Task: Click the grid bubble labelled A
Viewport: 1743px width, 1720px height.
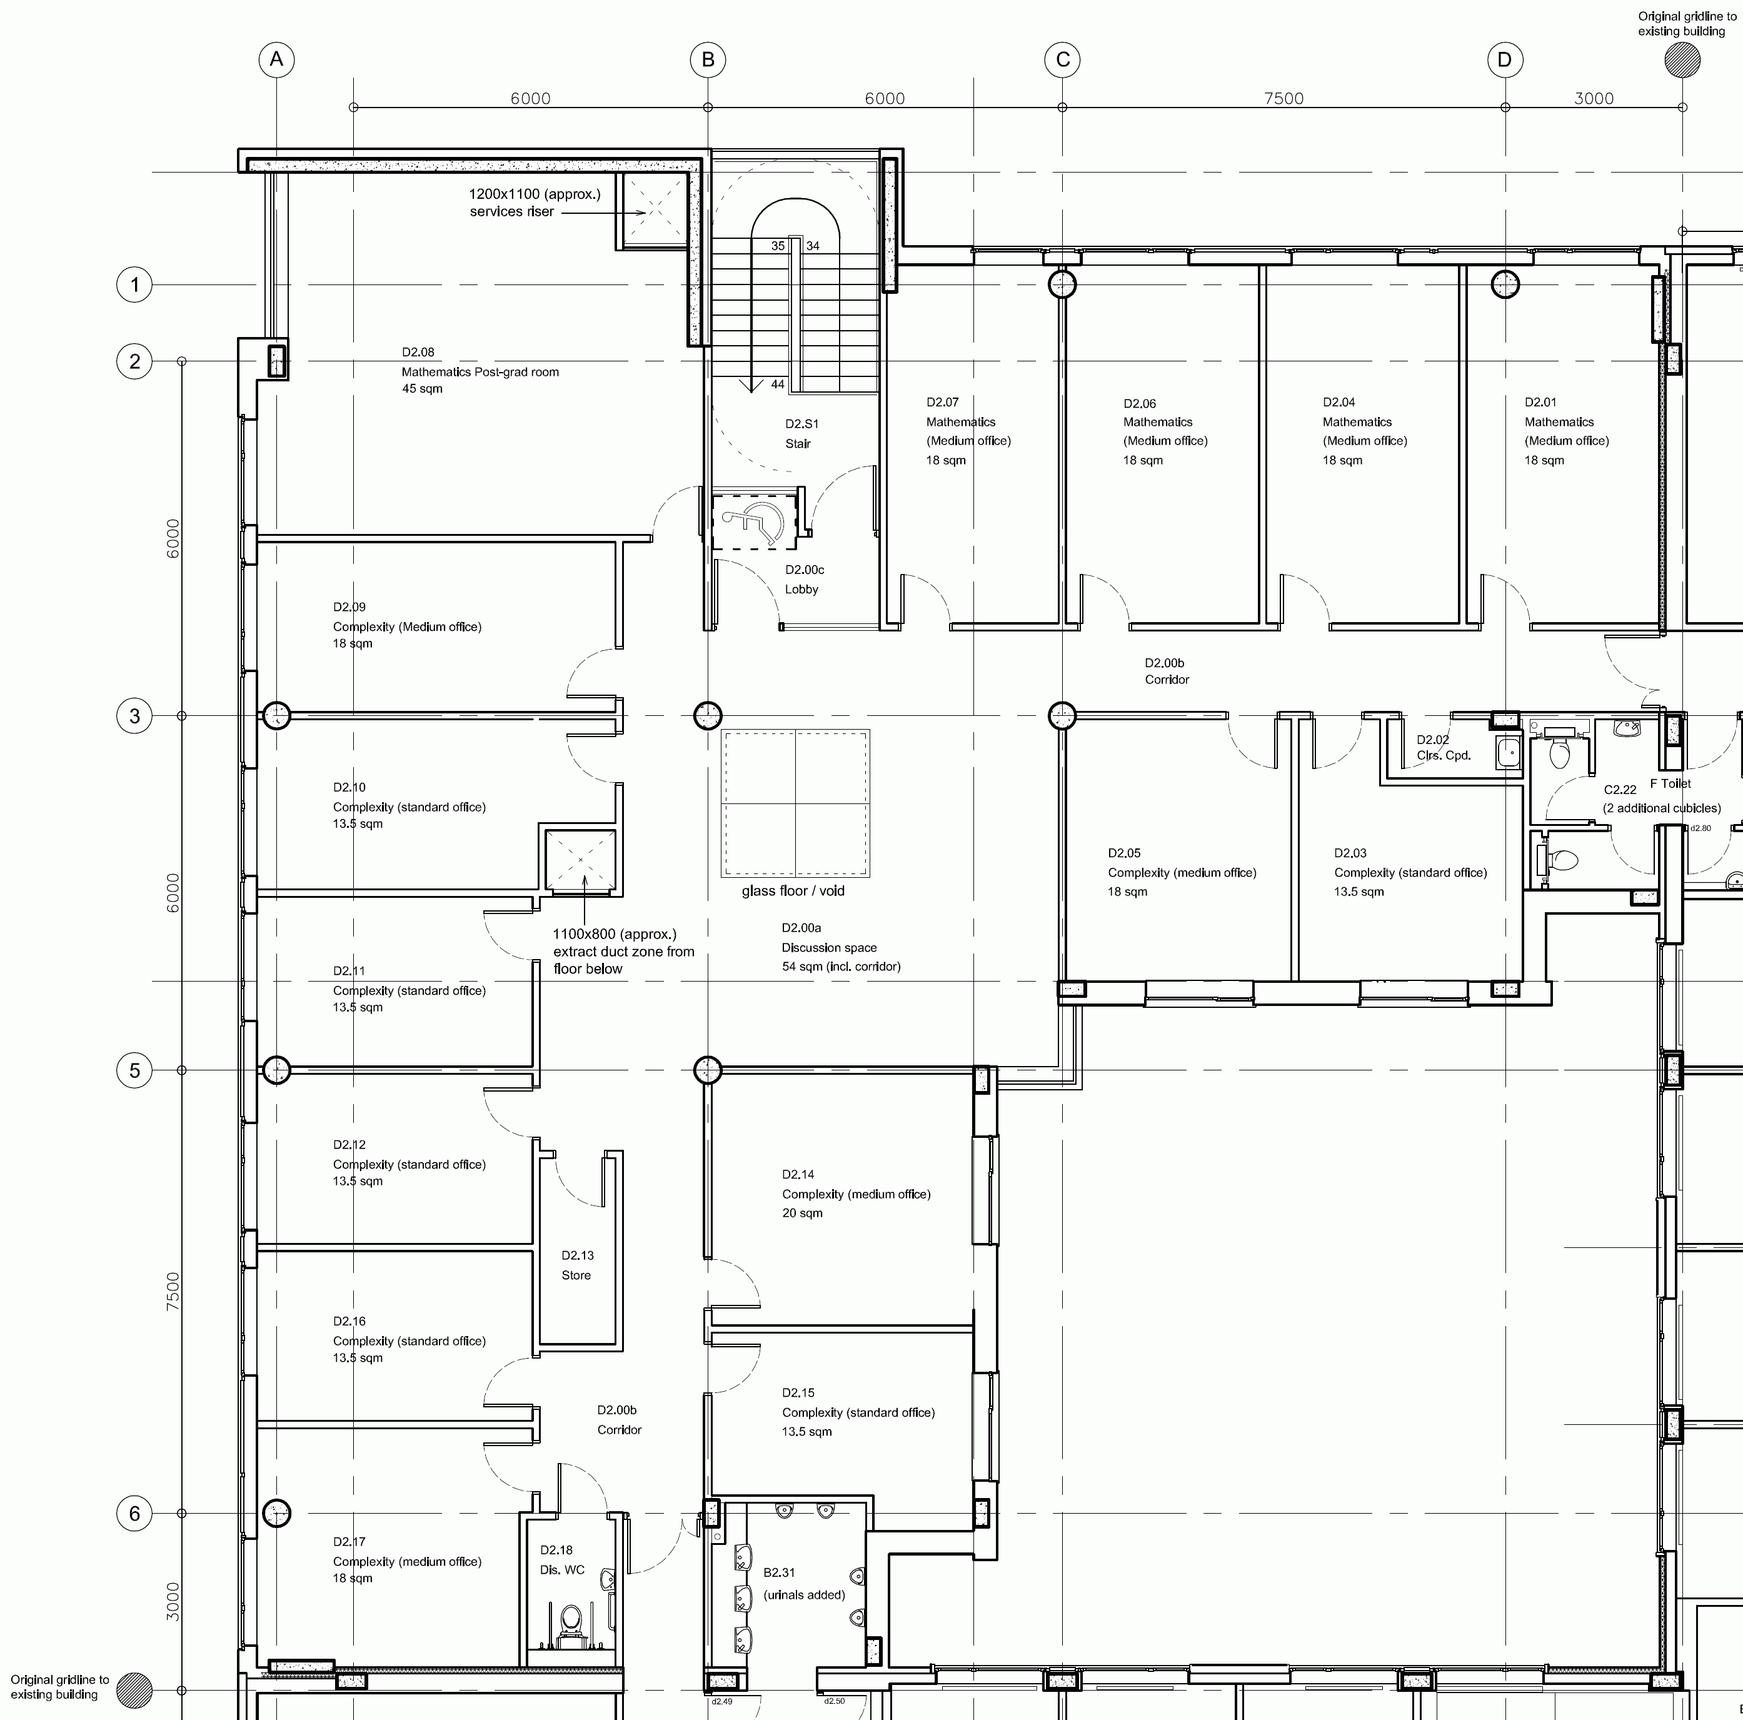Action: coord(277,59)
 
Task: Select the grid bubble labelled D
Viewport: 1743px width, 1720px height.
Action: coord(1505,59)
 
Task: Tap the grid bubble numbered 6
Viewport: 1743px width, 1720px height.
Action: coord(134,1513)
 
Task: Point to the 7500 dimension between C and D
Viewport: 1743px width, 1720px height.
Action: coord(1283,98)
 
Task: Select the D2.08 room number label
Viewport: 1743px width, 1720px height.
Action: coord(418,352)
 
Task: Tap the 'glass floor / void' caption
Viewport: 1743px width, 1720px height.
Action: coord(793,891)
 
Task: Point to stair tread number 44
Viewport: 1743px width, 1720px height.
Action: coord(778,385)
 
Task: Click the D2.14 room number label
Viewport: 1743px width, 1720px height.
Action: coord(798,1174)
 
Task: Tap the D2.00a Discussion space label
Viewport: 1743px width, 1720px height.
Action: coord(841,947)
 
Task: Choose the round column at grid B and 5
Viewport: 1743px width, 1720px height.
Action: coord(708,1070)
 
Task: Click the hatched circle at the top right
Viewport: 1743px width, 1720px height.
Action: coord(1682,61)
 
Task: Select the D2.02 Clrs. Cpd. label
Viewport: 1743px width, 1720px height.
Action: coord(1444,747)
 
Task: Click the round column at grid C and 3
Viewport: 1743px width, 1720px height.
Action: coord(1063,716)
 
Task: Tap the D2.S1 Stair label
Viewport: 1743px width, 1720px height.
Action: coord(801,433)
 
